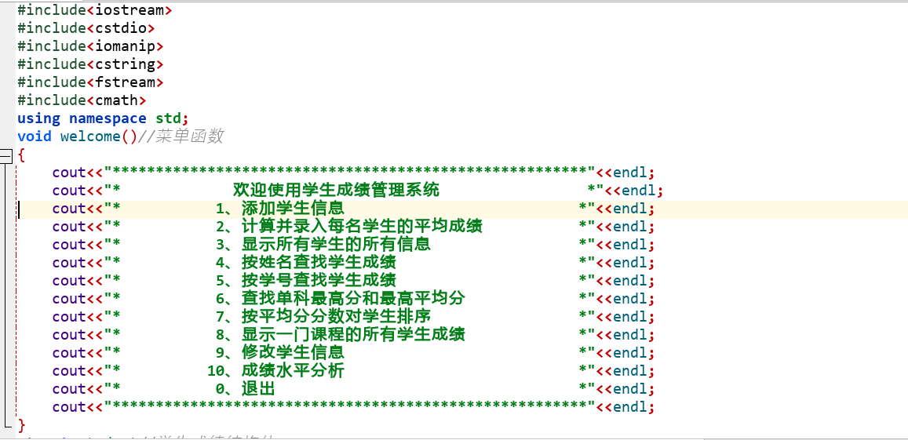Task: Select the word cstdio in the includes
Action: (121, 28)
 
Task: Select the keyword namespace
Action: (108, 118)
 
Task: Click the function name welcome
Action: (90, 136)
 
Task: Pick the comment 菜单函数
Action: (189, 136)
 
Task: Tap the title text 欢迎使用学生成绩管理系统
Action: (336, 191)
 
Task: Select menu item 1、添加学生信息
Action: (279, 209)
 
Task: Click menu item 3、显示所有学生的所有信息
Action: (323, 245)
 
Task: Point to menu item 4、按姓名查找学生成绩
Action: (305, 263)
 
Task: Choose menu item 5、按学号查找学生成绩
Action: (305, 281)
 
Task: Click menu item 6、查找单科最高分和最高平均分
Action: (340, 299)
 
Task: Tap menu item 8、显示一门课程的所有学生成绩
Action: (340, 335)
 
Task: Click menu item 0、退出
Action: (245, 389)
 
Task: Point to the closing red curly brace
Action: (22, 425)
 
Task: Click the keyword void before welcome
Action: (35, 136)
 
